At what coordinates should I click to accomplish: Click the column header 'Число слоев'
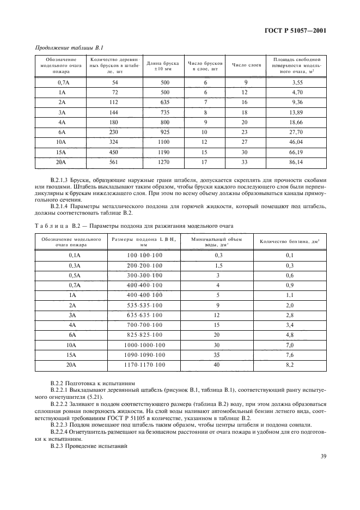246,65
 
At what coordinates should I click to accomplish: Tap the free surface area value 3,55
297,82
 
